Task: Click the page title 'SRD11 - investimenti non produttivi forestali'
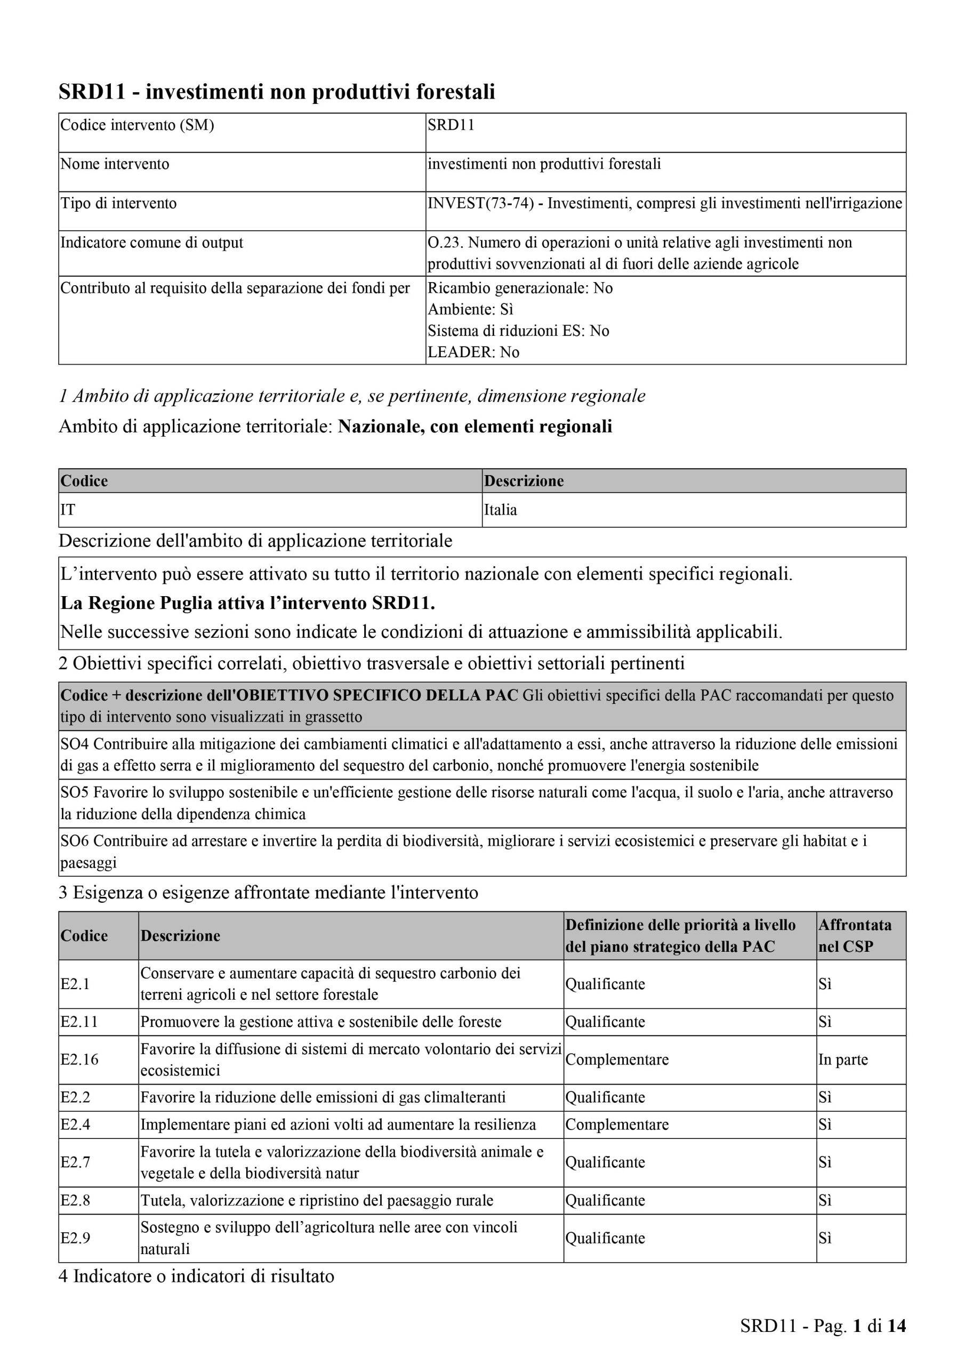277,92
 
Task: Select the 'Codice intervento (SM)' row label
138,125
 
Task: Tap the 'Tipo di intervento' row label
119,203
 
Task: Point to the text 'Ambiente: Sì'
470,309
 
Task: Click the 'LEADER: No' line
473,352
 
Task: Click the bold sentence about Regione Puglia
248,603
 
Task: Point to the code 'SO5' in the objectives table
75,792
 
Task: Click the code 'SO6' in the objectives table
75,841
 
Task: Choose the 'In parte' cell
842,1059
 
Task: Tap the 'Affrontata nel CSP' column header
855,935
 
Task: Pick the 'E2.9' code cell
76,1238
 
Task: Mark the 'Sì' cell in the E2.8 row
825,1200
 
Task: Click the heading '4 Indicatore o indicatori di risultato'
196,1276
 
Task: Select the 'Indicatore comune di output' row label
151,243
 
